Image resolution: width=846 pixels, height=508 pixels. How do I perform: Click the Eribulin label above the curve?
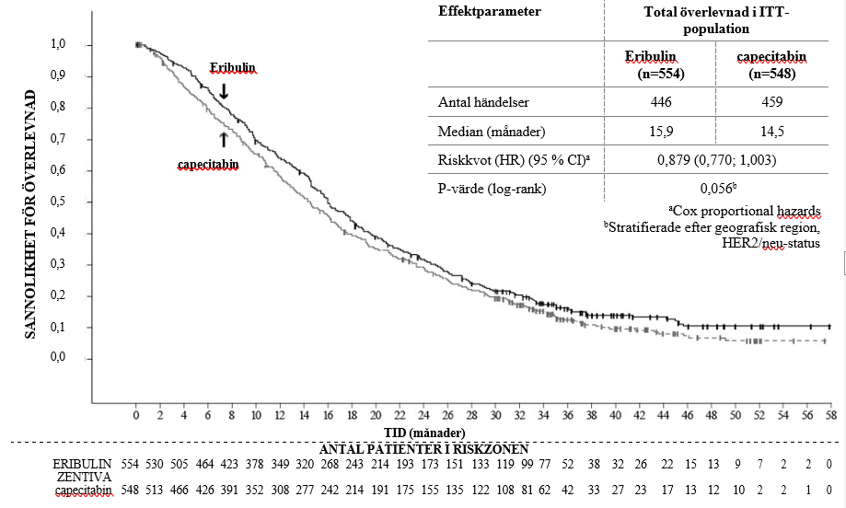click(x=232, y=67)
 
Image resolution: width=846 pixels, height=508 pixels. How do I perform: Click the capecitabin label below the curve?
click(x=208, y=165)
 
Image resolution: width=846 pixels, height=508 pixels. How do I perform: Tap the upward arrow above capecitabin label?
click(x=223, y=139)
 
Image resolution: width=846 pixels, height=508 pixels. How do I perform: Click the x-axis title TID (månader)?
click(x=424, y=432)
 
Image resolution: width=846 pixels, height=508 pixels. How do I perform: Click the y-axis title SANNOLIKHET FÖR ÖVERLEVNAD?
click(x=30, y=214)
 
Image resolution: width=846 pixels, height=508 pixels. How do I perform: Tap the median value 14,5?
click(x=772, y=133)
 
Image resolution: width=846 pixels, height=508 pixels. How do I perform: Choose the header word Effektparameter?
click(x=489, y=11)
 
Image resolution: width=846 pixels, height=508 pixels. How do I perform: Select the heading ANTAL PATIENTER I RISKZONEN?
click(x=423, y=448)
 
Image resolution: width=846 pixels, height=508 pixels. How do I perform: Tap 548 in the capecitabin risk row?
click(x=135, y=489)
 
